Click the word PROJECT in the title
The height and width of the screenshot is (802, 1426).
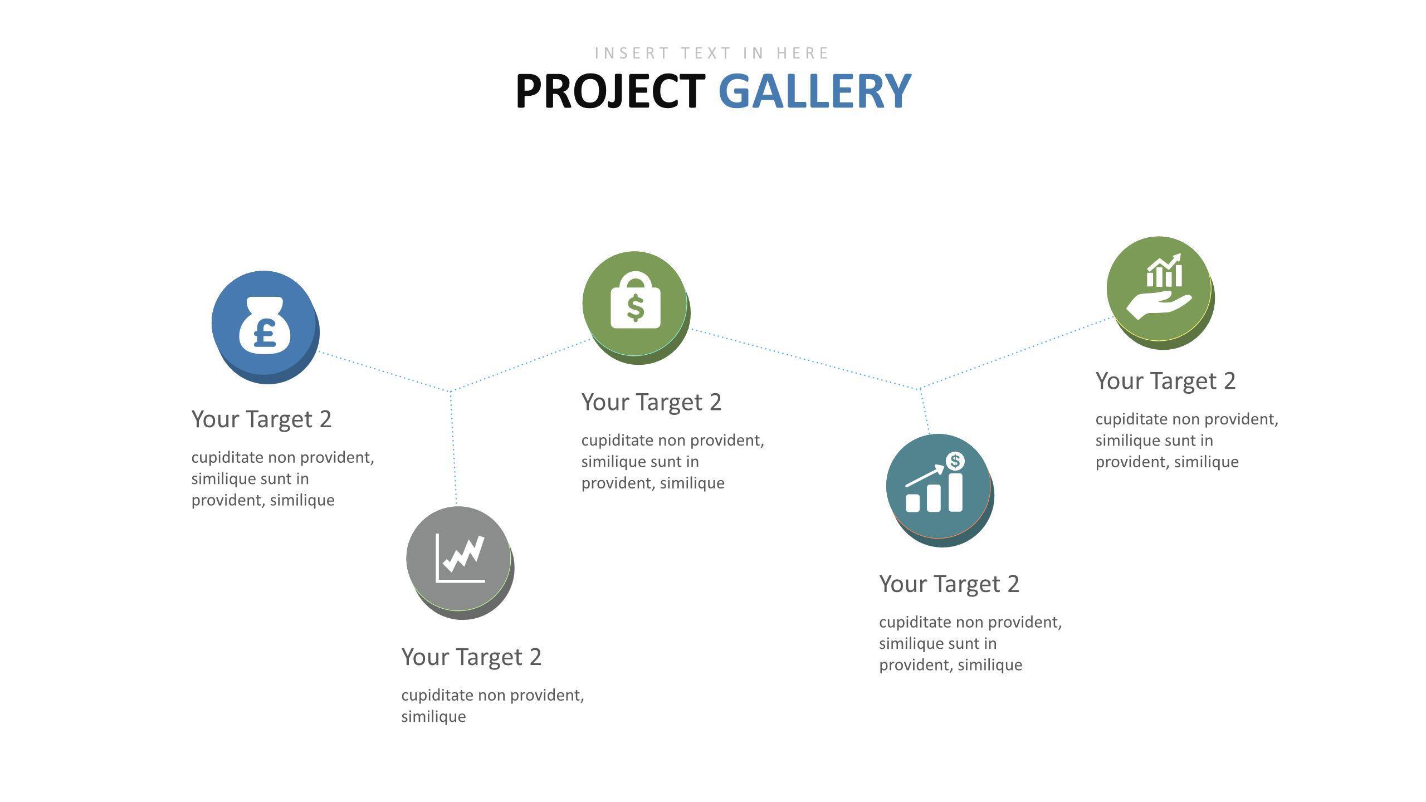click(611, 91)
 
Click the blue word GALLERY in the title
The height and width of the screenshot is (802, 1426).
click(815, 91)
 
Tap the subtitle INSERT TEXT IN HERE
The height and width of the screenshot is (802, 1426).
click(712, 53)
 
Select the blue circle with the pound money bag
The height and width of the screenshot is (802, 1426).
click(265, 327)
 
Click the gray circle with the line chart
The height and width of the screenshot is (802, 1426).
click(460, 563)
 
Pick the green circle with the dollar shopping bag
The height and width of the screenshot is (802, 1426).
click(636, 307)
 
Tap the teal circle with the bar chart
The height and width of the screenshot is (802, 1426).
click(940, 490)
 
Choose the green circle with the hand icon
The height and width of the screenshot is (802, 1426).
click(1160, 292)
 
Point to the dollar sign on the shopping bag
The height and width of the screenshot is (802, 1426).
click(636, 308)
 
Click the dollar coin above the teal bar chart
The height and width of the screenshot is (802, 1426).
click(955, 461)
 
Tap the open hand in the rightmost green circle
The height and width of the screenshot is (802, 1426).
click(1159, 306)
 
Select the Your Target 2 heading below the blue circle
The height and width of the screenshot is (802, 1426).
click(261, 419)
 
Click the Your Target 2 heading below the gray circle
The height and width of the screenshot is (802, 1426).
click(471, 657)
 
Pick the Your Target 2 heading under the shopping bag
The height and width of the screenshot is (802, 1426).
click(651, 402)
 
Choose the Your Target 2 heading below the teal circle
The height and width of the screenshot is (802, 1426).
click(949, 584)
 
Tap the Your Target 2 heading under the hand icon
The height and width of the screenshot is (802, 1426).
click(1165, 381)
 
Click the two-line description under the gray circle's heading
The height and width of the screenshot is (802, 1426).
click(492, 706)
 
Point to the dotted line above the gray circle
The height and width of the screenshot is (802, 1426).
click(453, 448)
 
